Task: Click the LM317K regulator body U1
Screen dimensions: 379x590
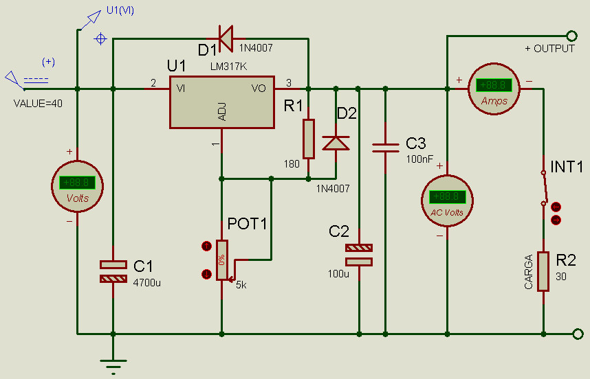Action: pyautogui.click(x=222, y=102)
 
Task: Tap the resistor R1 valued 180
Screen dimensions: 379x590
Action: pyautogui.click(x=309, y=137)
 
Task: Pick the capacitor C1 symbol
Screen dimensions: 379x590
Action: pyautogui.click(x=113, y=271)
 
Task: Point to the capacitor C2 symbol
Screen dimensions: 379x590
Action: pyautogui.click(x=359, y=255)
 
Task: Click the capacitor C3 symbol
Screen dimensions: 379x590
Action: pyautogui.click(x=385, y=147)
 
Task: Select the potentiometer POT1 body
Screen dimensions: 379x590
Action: pyautogui.click(x=222, y=260)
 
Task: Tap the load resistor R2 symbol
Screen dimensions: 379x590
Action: pyautogui.click(x=544, y=272)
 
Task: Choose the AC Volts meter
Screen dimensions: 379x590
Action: pyautogui.click(x=447, y=198)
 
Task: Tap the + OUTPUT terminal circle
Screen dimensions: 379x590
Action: pyautogui.click(x=570, y=36)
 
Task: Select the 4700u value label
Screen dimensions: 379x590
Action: pyautogui.click(x=147, y=282)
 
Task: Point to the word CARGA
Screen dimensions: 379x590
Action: pyautogui.click(x=529, y=272)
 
